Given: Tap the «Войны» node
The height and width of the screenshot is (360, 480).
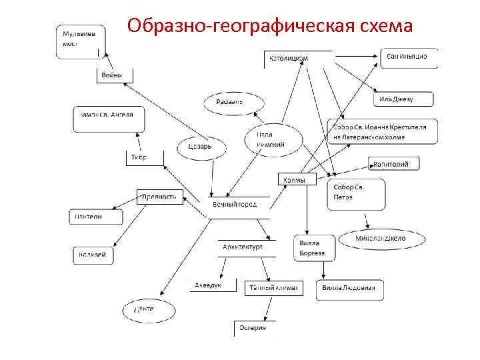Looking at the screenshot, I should [114, 75].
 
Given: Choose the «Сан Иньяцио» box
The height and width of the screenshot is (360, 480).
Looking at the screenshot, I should [408, 57].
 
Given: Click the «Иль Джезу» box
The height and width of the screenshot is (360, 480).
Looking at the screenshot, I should [403, 99].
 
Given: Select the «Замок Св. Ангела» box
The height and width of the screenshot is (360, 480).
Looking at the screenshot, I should [107, 119].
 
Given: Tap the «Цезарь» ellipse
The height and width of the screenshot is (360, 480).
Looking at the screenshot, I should [199, 147].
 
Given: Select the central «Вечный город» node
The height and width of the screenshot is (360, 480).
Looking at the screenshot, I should [237, 205].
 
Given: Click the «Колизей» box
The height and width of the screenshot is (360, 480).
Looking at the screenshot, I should [93, 255].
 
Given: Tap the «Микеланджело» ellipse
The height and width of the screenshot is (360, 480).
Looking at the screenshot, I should [380, 238].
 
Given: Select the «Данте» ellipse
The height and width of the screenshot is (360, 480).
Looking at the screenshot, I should [143, 310].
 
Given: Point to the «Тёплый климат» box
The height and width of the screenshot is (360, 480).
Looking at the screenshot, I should [273, 288].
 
